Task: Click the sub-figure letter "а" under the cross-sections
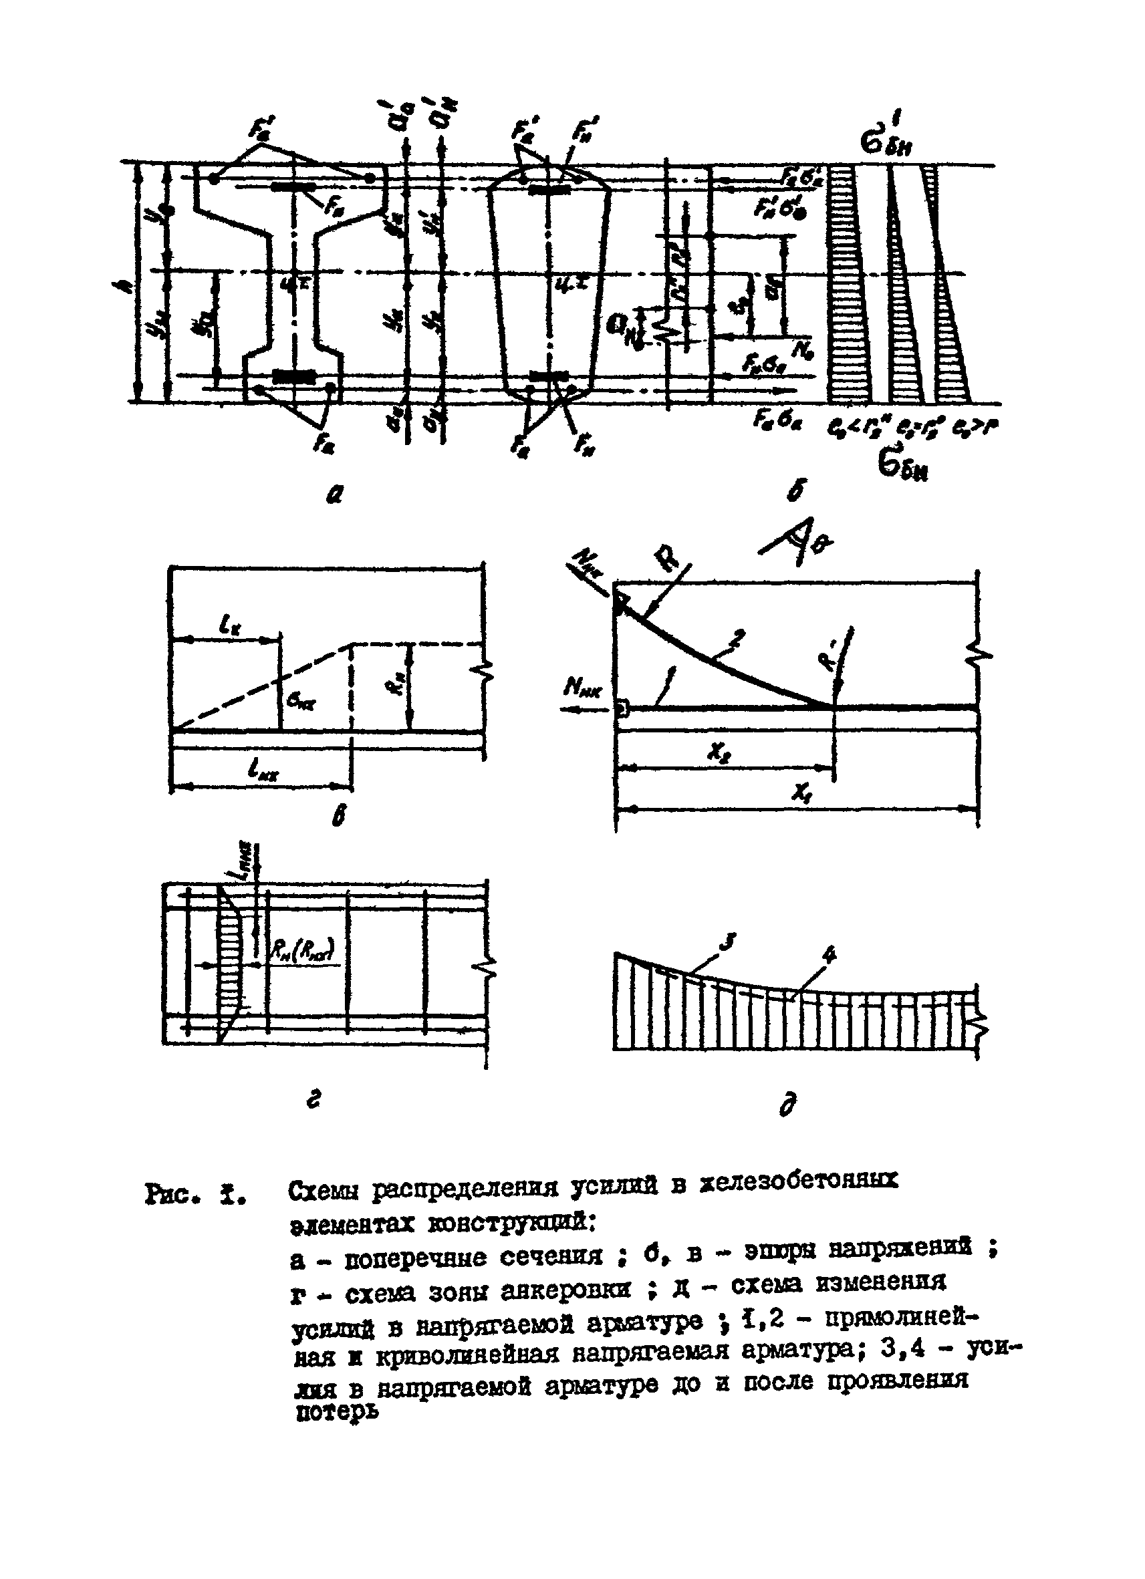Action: pos(335,494)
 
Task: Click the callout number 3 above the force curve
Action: pos(727,944)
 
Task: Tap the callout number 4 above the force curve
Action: pos(829,954)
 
